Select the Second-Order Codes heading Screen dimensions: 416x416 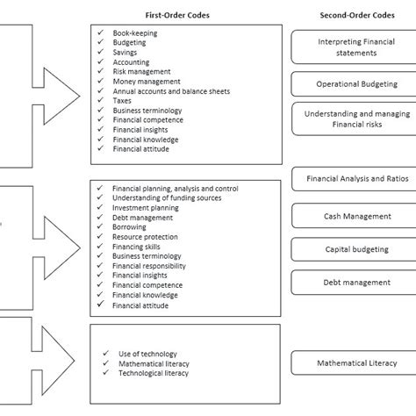click(x=355, y=15)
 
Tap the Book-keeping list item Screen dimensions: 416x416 click(x=134, y=32)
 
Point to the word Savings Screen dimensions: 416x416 click(x=126, y=52)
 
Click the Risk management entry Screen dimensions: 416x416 click(x=141, y=71)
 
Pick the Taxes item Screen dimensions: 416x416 click(x=123, y=100)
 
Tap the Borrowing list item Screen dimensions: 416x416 click(x=131, y=227)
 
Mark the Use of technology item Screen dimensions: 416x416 click(x=148, y=354)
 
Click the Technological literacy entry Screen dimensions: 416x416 click(x=154, y=373)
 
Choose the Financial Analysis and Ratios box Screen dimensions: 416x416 click(x=355, y=178)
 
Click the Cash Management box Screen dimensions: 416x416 click(x=355, y=216)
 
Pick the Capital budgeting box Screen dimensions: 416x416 click(x=355, y=249)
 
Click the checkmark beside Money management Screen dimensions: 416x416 click(x=103, y=81)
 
